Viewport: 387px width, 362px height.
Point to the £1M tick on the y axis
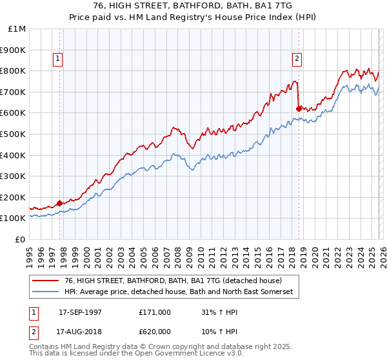click(17, 29)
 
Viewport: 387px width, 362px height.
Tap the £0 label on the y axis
click(21, 239)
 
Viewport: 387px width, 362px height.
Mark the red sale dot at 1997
click(60, 203)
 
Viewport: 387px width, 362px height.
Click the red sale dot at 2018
click(299, 109)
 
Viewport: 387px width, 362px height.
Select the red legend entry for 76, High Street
click(173, 281)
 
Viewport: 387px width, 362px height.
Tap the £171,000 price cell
click(155, 312)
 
